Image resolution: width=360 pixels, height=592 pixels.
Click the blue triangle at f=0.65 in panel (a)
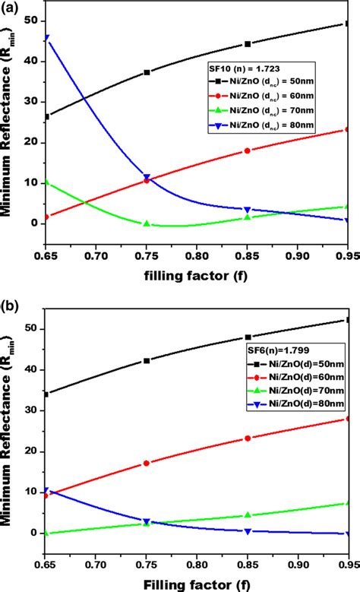(47, 38)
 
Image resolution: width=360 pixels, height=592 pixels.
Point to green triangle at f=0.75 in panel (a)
(147, 223)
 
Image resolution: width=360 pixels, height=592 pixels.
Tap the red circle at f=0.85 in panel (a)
(248, 150)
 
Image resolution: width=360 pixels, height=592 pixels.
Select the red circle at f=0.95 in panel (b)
(348, 419)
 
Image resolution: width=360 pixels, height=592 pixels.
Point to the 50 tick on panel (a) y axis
(30, 21)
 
